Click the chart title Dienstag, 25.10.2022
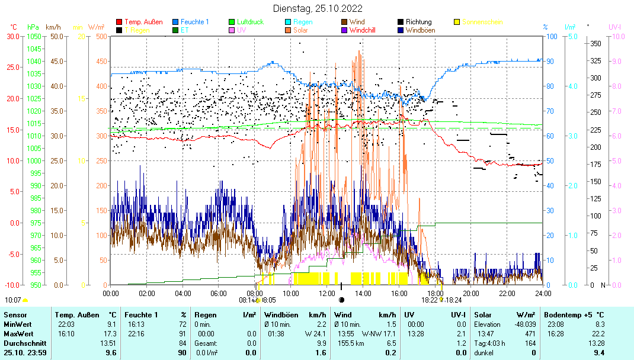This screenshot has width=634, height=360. coord(318,9)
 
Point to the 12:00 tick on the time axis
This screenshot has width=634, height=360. coord(326,292)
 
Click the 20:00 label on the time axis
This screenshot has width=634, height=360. coord(470,292)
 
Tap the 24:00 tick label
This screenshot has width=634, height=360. coord(543,292)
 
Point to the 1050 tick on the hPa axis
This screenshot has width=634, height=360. coord(34,36)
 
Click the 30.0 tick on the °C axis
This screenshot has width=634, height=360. coord(12,36)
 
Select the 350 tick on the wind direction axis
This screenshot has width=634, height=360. coord(595,43)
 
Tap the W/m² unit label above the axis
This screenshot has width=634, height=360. coord(96,27)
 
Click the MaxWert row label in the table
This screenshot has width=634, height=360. coord(17,334)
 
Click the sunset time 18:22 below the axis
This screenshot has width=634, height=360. coord(429,300)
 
